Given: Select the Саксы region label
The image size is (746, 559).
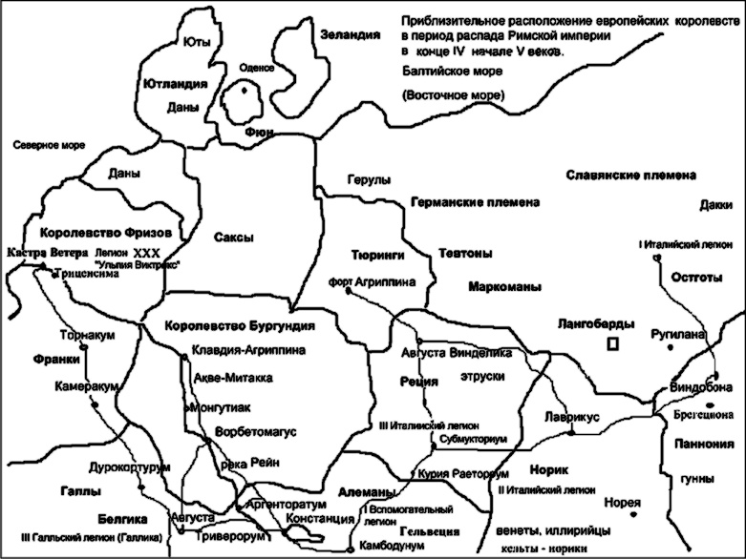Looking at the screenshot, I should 232,238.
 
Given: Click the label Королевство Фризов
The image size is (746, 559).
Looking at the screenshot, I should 105,233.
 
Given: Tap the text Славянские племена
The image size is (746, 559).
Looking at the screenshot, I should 630,176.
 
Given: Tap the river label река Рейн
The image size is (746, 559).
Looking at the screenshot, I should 247,463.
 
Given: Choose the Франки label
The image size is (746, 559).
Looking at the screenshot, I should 29,362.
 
